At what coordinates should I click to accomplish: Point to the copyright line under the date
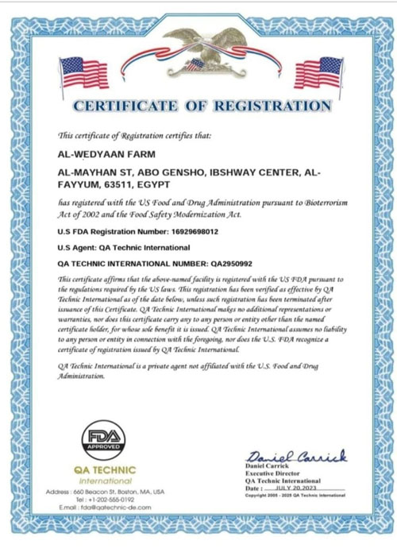click(295, 495)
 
